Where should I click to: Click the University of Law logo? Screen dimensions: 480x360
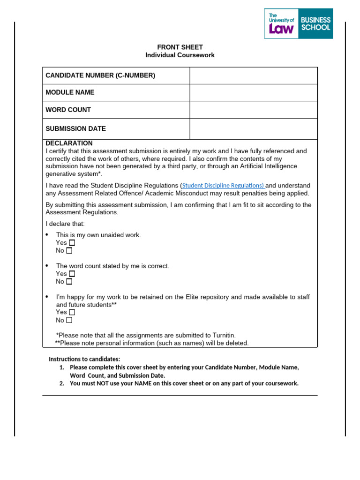click(281, 23)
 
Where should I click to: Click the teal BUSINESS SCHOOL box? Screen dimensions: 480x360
click(315, 23)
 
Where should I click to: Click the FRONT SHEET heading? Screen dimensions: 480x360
click(180, 47)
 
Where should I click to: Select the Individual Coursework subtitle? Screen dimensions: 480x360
click(180, 55)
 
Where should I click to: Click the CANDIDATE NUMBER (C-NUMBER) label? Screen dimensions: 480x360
click(100, 75)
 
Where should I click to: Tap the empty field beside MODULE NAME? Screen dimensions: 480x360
click(253, 92)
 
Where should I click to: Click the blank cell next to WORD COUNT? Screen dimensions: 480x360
click(253, 110)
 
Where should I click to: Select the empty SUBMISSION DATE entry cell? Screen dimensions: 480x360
click(253, 128)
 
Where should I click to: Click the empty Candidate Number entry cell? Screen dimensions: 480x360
click(253, 75)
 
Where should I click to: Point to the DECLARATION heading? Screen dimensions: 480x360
click(69, 143)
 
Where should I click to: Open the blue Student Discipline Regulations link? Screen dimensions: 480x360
click(223, 186)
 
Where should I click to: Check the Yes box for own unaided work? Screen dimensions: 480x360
click(72, 243)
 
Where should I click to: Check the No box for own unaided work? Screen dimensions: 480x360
click(69, 251)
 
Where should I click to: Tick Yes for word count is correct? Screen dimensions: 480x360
click(72, 274)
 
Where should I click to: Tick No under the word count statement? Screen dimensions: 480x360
click(69, 282)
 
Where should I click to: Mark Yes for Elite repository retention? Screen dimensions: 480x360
click(72, 312)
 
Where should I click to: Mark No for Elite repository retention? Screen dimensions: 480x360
click(69, 320)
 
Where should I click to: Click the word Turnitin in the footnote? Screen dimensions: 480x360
click(222, 335)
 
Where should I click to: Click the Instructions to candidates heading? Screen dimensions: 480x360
click(84, 359)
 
